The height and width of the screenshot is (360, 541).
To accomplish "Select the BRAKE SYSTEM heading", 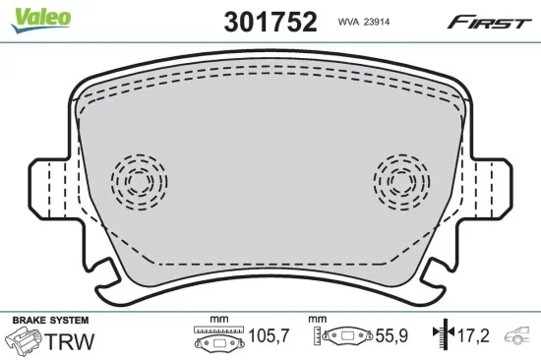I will [x=49, y=321].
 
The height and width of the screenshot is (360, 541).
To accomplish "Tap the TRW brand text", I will [x=76, y=341].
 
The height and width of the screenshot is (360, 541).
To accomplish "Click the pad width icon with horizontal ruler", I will [x=218, y=338].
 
